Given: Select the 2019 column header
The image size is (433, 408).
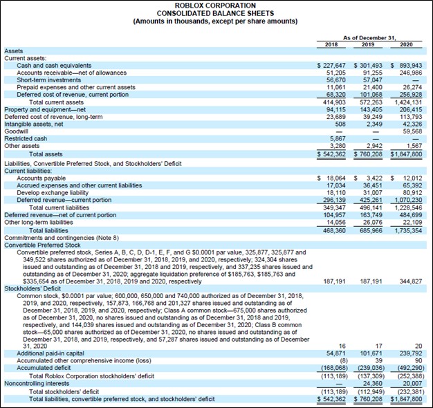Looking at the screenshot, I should (x=368, y=44).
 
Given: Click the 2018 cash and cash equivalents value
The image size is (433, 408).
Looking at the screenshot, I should (x=327, y=65).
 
